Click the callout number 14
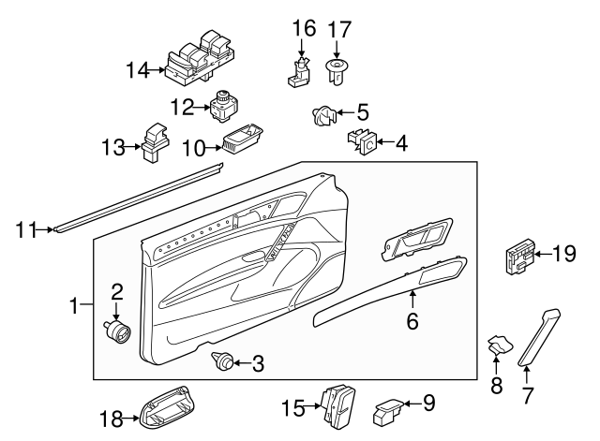[137, 68]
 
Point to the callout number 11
[28, 228]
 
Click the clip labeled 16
[297, 69]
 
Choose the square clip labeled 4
[363, 142]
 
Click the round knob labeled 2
[118, 330]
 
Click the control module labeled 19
[517, 256]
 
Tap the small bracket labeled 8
[497, 346]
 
